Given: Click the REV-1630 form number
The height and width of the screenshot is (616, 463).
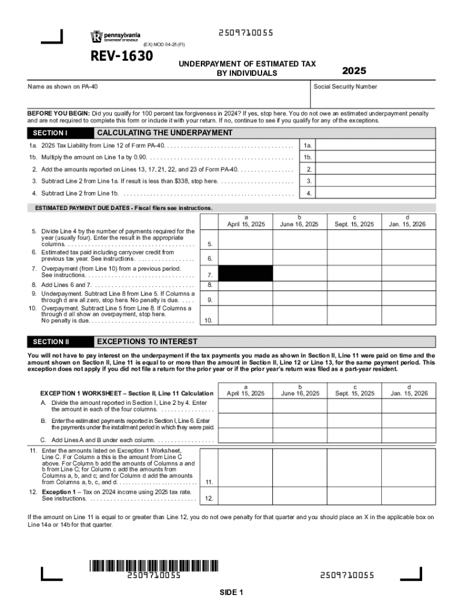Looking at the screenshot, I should click(x=121, y=57).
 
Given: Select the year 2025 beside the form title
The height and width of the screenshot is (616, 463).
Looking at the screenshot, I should click(x=354, y=71).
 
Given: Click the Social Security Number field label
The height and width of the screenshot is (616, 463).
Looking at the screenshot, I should click(x=345, y=87).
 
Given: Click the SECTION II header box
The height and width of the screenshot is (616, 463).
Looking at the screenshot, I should click(x=59, y=342).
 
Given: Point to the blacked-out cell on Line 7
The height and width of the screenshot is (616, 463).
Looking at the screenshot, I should click(x=245, y=273).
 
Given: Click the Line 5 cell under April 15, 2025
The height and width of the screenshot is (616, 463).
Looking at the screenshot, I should click(x=245, y=239).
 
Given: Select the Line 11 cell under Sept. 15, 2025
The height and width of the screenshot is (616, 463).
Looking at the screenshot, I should click(x=354, y=468).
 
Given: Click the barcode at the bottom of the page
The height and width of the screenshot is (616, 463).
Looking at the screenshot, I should click(x=154, y=565).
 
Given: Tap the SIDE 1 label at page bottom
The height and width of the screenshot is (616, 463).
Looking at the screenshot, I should click(x=231, y=593).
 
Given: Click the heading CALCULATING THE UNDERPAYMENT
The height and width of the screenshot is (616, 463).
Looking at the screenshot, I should click(x=164, y=133).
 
